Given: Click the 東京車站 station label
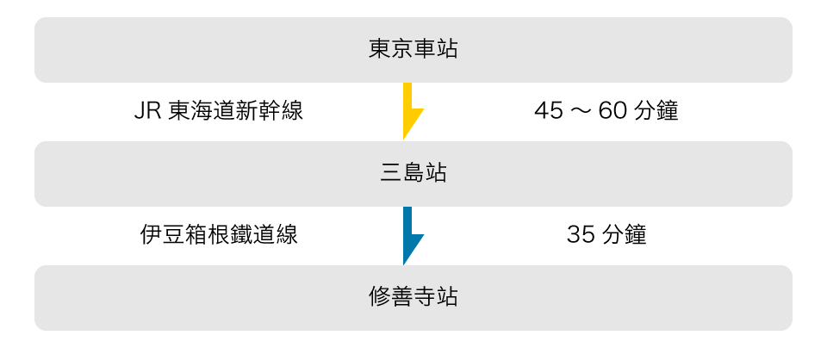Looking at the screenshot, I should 413,49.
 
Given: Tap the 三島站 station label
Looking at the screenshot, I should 413,173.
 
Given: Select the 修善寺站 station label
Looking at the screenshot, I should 413,298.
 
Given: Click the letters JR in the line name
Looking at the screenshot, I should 147,111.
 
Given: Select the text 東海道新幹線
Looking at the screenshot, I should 235,111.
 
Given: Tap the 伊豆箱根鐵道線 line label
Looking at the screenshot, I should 219,235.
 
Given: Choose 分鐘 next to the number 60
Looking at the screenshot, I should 656,111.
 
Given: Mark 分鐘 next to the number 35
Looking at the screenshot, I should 624,235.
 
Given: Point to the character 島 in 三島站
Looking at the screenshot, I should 413,173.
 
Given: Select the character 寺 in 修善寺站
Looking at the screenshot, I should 425,298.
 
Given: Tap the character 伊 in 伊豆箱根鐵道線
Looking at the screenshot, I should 152,235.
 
